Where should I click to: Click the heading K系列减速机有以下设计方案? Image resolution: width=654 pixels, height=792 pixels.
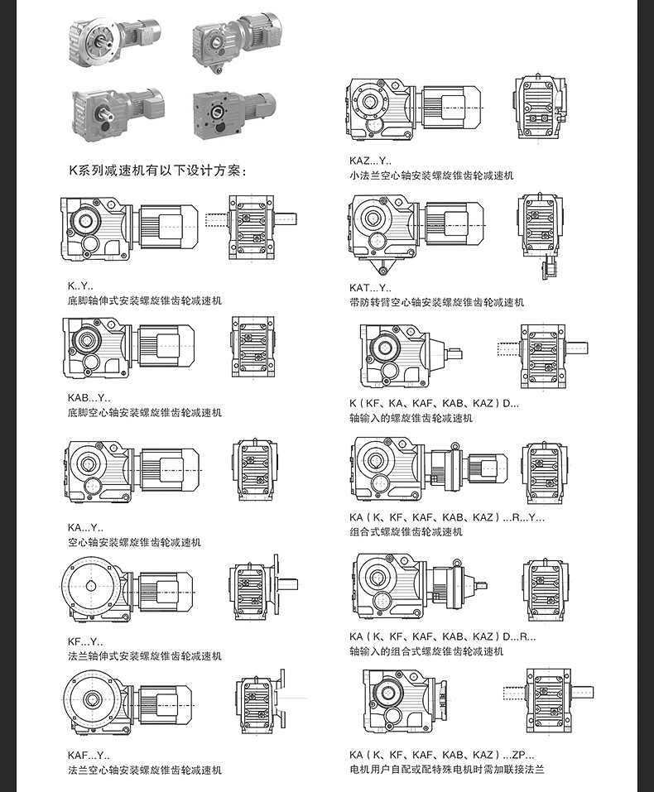point(156,171)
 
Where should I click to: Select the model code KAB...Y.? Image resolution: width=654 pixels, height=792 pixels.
point(89,398)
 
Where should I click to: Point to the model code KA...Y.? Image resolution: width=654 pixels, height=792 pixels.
point(86,527)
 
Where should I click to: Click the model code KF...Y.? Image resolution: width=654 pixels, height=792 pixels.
point(86,641)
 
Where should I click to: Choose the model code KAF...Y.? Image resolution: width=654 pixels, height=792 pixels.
point(89,756)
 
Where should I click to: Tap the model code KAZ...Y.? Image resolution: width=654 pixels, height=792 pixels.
point(370,161)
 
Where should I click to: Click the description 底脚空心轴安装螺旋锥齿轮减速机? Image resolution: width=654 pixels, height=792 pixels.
point(145,412)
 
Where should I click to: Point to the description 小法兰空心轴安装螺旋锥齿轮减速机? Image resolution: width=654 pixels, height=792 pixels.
point(431,175)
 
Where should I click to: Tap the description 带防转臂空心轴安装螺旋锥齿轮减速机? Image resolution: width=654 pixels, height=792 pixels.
point(436,302)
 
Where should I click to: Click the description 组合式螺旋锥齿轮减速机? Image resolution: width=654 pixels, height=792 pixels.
point(406,531)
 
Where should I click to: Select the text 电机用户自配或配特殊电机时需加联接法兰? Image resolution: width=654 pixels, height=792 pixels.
point(446,770)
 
